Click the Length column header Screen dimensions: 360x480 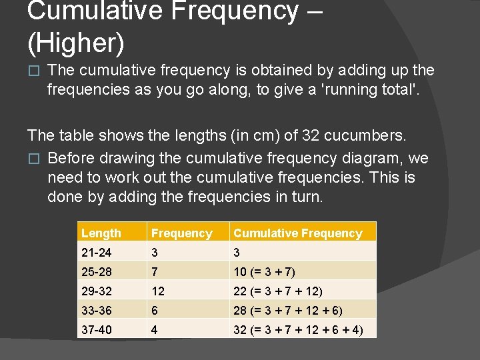click(101, 233)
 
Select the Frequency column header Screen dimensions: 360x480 click(181, 233)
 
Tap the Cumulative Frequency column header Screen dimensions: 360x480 click(297, 233)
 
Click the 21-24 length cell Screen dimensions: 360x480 click(97, 252)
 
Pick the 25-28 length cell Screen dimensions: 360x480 click(97, 271)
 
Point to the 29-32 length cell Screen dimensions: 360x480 click(97, 291)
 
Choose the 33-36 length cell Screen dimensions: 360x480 click(97, 310)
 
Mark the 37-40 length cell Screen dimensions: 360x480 click(97, 329)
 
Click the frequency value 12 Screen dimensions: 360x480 click(158, 291)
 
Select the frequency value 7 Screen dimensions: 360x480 click(155, 271)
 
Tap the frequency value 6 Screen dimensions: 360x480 click(155, 310)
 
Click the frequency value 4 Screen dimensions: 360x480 click(155, 329)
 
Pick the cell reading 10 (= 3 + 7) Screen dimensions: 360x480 click(264, 271)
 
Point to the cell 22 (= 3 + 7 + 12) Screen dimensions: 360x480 click(278, 291)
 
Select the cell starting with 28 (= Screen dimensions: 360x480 click(288, 310)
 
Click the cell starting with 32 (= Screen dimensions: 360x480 click(298, 329)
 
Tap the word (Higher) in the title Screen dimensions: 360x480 click(76, 42)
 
